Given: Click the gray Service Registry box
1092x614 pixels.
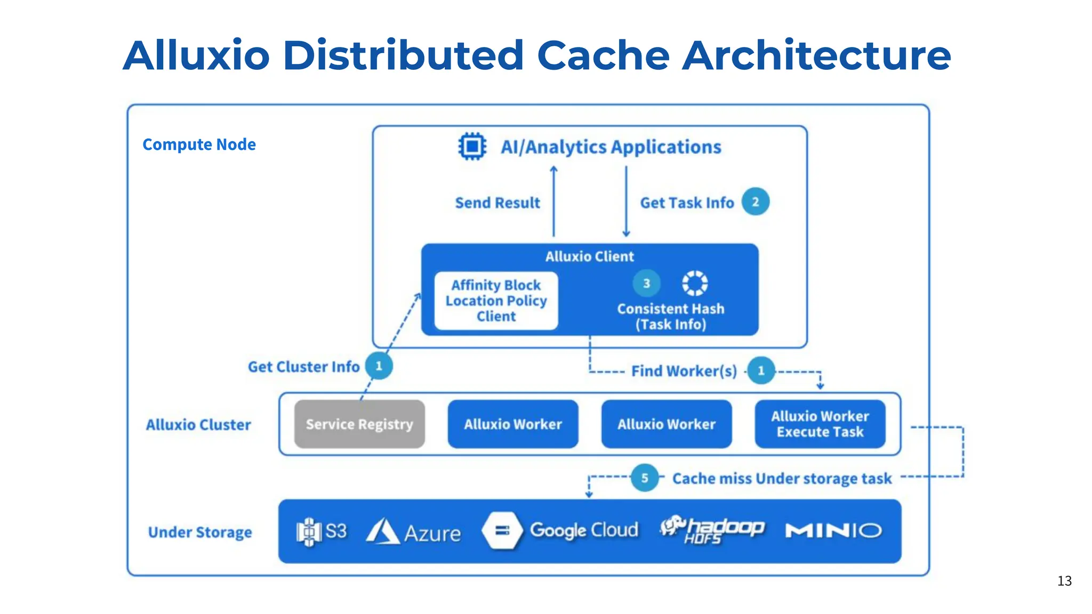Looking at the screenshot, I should (x=359, y=424).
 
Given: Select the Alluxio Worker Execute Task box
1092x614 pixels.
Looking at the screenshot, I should (x=820, y=424).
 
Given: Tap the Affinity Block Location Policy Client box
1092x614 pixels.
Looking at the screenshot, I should (x=496, y=301).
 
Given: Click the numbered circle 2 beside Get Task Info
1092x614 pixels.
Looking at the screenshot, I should (x=755, y=202).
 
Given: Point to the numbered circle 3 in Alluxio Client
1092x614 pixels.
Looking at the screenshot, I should (x=646, y=284).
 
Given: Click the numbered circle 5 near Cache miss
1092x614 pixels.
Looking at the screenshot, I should (x=644, y=478).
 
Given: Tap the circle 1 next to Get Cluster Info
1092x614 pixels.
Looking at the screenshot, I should (x=379, y=366).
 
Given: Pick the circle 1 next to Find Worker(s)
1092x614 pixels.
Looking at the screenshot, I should (x=761, y=370).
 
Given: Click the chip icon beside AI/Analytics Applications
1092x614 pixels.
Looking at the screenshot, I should (x=472, y=146).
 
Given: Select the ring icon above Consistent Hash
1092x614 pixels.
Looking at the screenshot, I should (x=695, y=283).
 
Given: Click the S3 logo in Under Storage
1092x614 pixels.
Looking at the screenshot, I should (x=322, y=531).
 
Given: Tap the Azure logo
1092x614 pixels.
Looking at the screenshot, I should (x=413, y=532).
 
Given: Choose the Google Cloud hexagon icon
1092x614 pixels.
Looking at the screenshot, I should (x=502, y=530).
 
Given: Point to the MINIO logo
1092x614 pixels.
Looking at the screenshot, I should (x=833, y=531).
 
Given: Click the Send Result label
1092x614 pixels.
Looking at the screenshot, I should (x=497, y=203).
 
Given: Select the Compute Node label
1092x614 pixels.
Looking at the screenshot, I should (x=199, y=144).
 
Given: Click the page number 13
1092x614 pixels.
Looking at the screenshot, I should (x=1064, y=581).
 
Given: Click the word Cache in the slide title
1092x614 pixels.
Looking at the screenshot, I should (x=603, y=55).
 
